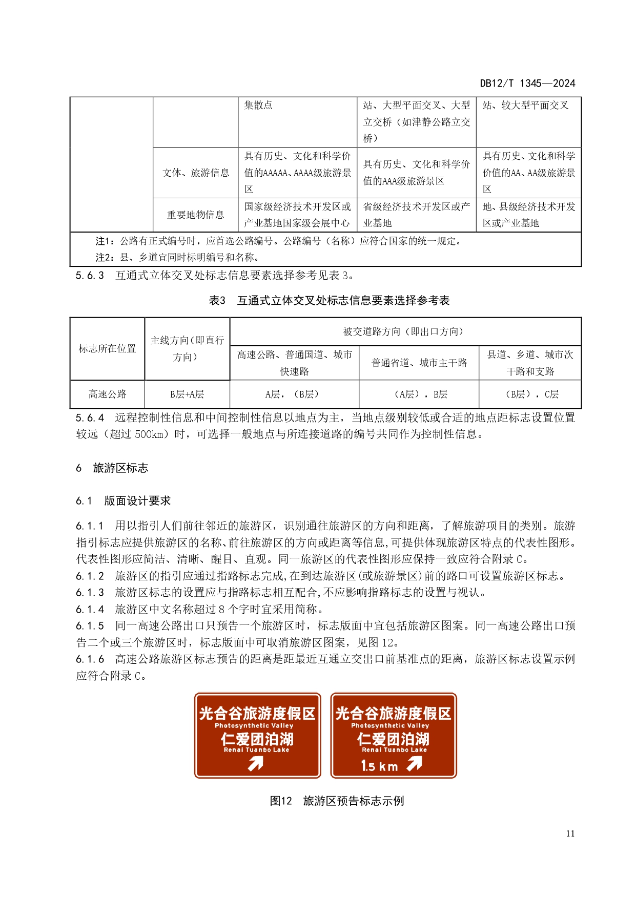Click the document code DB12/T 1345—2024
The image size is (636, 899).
(x=527, y=83)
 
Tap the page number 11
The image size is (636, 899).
(x=570, y=833)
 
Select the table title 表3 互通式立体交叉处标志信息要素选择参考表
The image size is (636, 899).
(x=329, y=301)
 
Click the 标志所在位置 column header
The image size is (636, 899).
(x=107, y=349)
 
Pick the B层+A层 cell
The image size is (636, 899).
(x=187, y=394)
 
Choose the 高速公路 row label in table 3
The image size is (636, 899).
(x=107, y=394)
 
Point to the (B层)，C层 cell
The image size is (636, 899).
(x=530, y=394)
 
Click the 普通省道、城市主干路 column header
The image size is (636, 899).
(x=419, y=363)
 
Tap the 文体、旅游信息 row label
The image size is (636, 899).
(x=195, y=173)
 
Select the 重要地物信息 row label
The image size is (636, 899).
(x=195, y=215)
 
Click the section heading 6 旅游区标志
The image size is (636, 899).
(x=112, y=468)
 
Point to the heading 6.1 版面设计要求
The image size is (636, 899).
(x=124, y=501)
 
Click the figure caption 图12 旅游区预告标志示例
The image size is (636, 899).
(x=337, y=801)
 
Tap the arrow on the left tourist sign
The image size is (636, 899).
(x=256, y=764)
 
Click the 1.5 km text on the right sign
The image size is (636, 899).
(x=379, y=766)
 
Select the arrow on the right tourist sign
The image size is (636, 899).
(x=415, y=764)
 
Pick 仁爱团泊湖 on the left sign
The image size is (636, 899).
(x=257, y=739)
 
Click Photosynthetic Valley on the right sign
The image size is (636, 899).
(x=390, y=725)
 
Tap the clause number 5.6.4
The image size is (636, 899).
(x=90, y=418)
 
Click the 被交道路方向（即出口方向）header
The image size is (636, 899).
(x=405, y=331)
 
